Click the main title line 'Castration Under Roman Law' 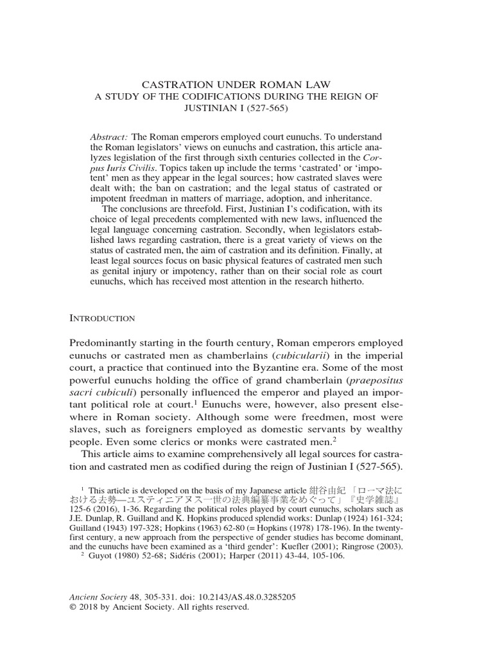(x=246, y=84)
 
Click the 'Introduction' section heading (x=101, y=318)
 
